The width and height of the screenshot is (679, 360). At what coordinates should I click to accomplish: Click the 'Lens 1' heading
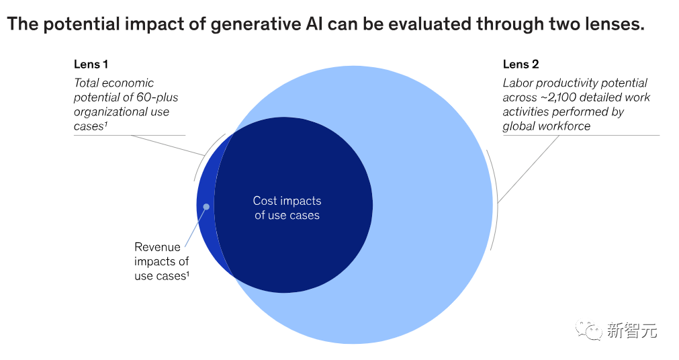point(91,64)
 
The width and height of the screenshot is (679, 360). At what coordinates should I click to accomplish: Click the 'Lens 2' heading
point(520,64)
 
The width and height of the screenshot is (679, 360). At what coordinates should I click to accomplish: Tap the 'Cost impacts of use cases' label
point(287,208)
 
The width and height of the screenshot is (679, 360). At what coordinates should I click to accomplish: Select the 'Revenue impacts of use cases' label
point(161,261)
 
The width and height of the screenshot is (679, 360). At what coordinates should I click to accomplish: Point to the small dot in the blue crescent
point(207,206)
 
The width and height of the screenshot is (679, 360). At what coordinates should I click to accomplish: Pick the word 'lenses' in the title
point(614,25)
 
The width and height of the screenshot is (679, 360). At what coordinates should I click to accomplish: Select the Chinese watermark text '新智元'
point(631,330)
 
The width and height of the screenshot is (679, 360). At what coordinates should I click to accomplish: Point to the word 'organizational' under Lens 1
point(111,111)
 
